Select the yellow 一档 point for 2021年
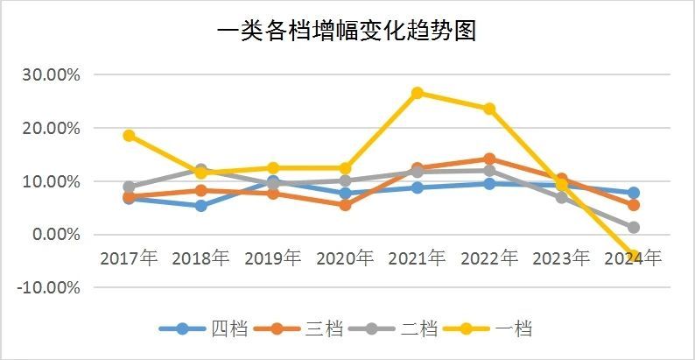coord(418,93)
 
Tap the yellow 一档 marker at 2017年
coord(129,136)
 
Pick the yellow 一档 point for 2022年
coord(489,109)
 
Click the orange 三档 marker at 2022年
coord(489,159)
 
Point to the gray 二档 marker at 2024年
coord(634,228)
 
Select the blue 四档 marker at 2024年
coord(634,193)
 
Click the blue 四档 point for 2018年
coord(200,206)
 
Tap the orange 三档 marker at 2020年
coord(345,205)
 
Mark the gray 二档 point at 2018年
coord(200,169)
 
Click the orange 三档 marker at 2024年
coord(634,205)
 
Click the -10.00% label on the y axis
coord(49,288)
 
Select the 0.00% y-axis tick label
coord(55,235)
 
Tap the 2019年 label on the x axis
coord(273,258)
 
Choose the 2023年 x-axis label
coord(561,258)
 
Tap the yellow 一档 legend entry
coord(490,329)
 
